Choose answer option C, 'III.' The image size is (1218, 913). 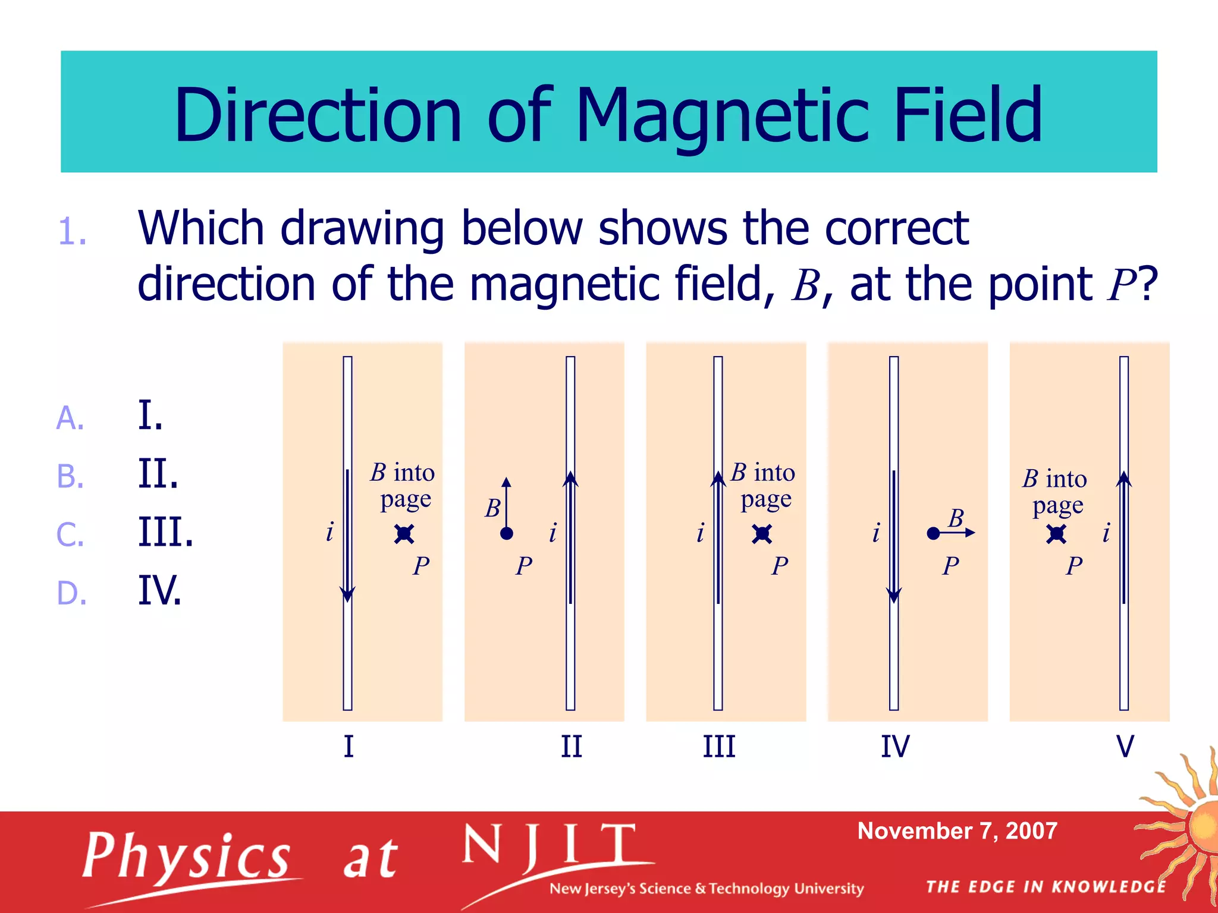point(165,532)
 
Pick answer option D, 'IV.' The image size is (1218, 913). point(159,590)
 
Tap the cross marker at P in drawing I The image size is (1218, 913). point(404,534)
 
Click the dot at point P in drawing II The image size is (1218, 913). point(507,534)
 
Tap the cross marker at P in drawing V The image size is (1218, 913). point(1056,534)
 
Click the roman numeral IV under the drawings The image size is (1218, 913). point(894,747)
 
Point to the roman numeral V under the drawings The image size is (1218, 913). point(1125,747)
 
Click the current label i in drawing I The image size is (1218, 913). point(330,531)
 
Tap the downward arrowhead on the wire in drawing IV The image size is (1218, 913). point(894,595)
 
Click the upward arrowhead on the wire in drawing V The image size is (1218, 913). point(1123,479)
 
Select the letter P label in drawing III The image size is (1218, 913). point(780,566)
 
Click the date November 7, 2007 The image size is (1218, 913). point(957,831)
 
